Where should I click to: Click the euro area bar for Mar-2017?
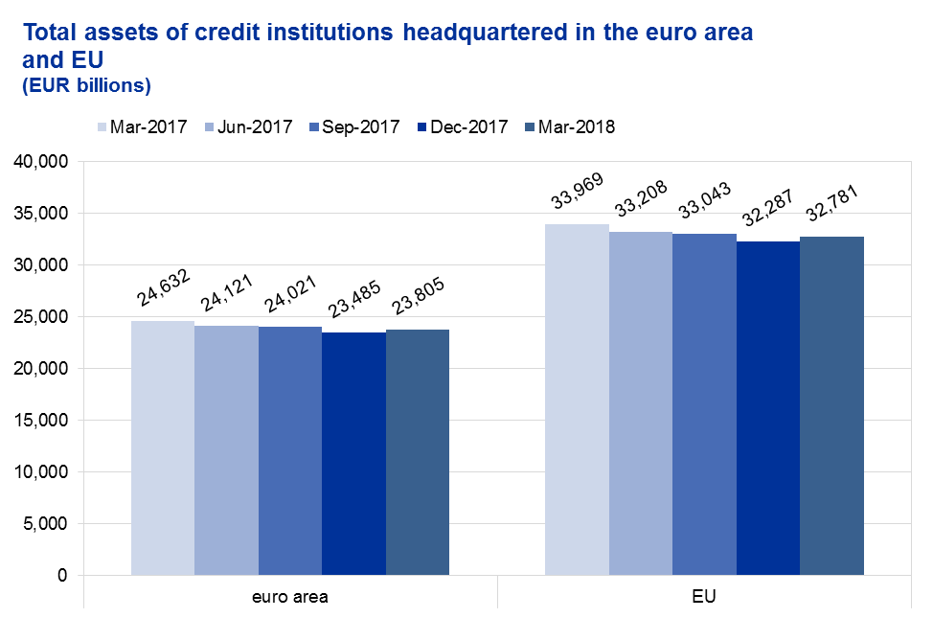pyautogui.click(x=163, y=447)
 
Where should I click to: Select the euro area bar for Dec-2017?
pyautogui.click(x=353, y=453)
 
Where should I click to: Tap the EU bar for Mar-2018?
pyautogui.click(x=831, y=405)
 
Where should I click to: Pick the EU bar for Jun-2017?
pyautogui.click(x=640, y=402)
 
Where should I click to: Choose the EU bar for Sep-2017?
pyautogui.click(x=704, y=403)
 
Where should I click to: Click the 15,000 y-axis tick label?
pyautogui.click(x=41, y=420)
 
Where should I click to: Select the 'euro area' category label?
pyautogui.click(x=289, y=597)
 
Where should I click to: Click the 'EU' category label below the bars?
pyautogui.click(x=704, y=597)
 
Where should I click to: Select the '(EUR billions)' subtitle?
pyautogui.click(x=86, y=85)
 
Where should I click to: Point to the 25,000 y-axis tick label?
pyautogui.click(x=41, y=316)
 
